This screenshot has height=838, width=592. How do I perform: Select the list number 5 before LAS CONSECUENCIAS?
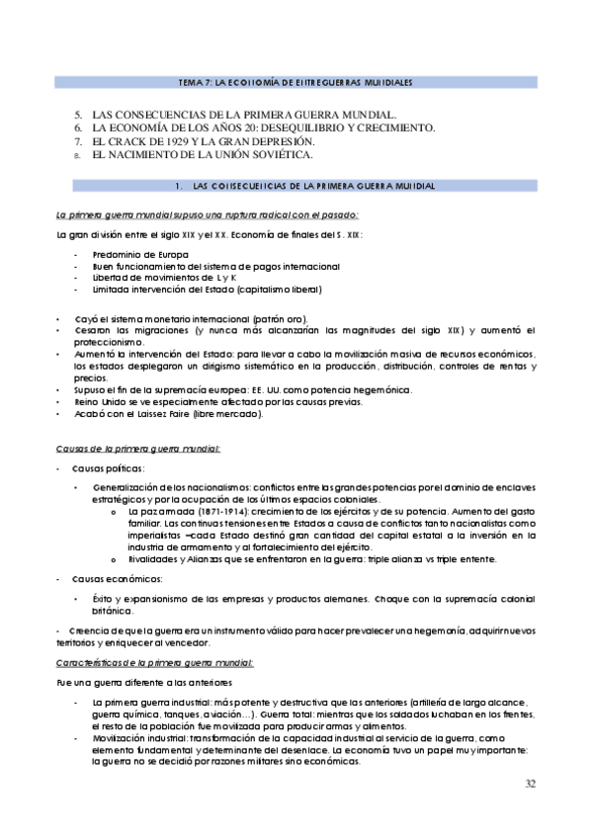[79, 114]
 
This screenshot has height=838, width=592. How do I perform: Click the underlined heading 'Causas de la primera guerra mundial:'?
[137, 449]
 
